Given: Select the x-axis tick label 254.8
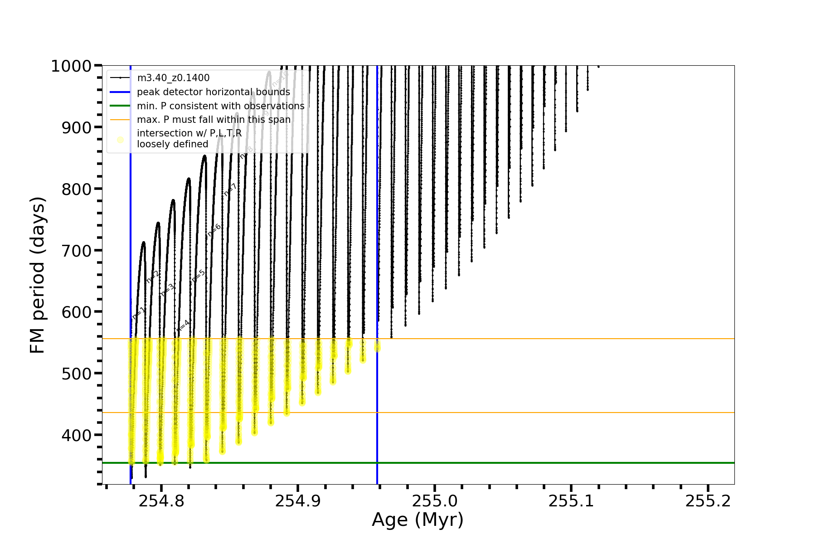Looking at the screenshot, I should tap(161, 501).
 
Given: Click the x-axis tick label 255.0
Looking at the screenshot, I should tap(434, 501).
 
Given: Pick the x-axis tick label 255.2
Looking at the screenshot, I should tap(708, 501).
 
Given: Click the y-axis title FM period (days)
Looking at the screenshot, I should tap(38, 275).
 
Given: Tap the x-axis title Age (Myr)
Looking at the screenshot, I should tap(418, 520).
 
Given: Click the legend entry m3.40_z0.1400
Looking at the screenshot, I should tap(173, 78).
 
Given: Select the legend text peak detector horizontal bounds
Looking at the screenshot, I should tap(213, 92).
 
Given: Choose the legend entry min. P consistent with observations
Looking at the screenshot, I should tap(220, 106).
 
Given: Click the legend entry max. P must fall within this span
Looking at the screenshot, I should tap(214, 120).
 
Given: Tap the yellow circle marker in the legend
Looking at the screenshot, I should tap(120, 140).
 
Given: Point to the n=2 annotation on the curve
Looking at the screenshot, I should tap(153, 277).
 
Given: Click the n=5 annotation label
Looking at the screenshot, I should tap(198, 276).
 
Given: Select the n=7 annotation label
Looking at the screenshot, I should tap(230, 190).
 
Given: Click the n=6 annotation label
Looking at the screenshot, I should tap(214, 230).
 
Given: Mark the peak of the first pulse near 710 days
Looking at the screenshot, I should tap(143, 242).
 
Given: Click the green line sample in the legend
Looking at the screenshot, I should tap(120, 106).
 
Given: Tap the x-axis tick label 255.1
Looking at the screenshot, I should tap(571, 501).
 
